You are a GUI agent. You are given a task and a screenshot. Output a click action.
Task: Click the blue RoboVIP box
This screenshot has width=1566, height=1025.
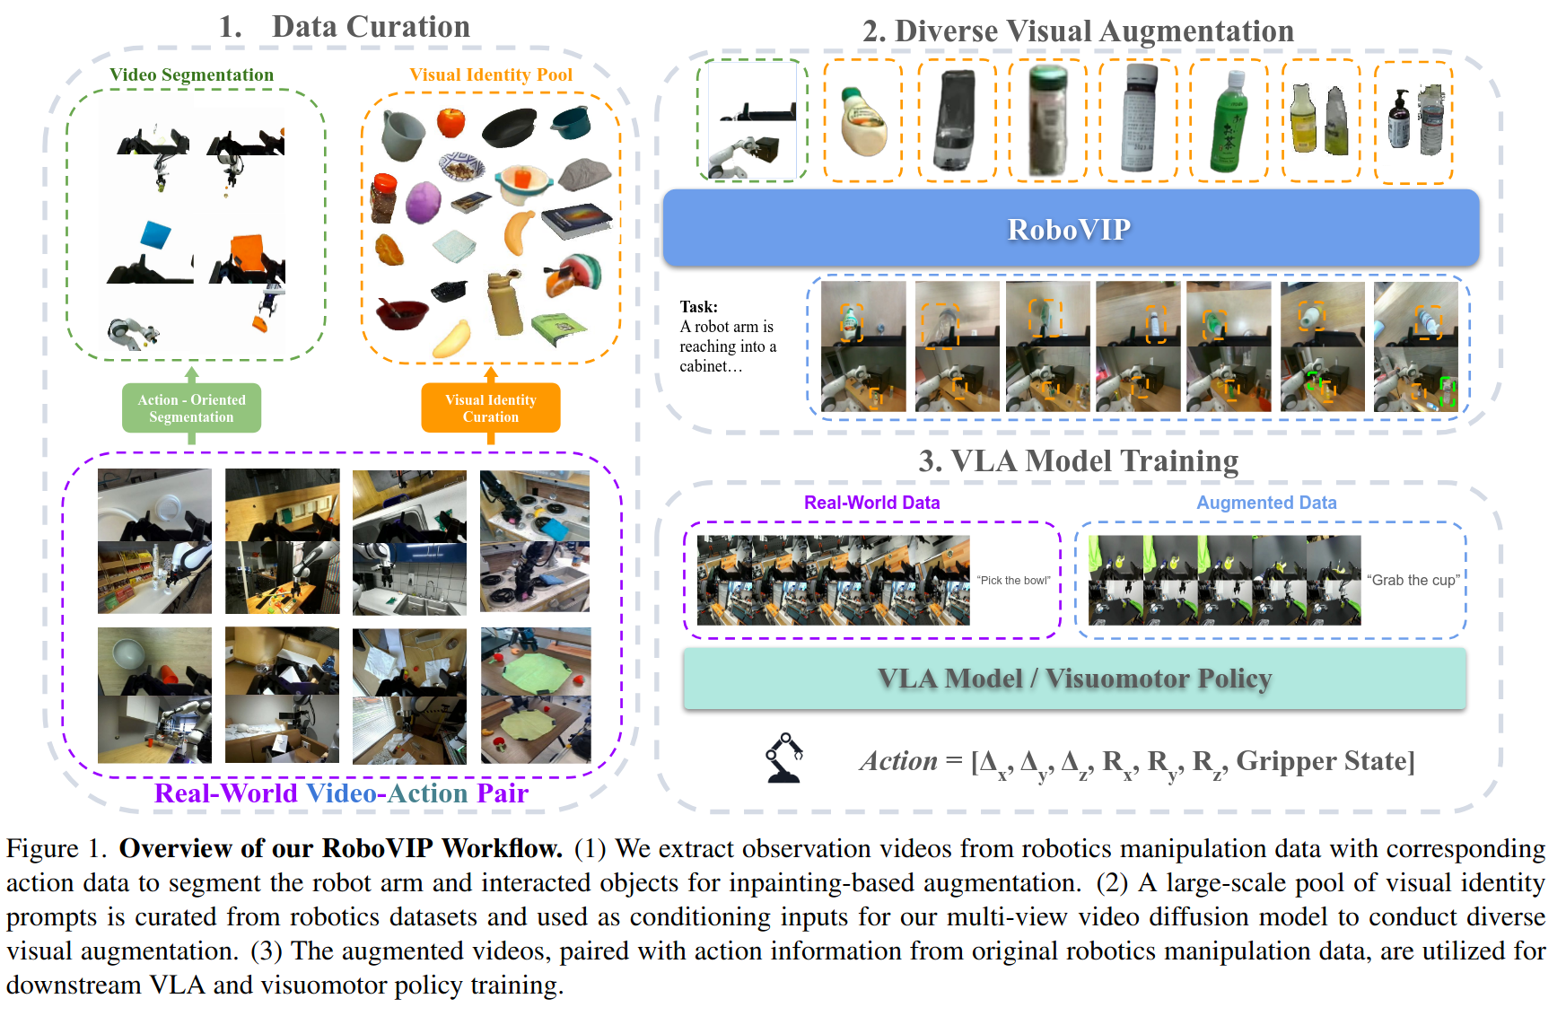pos(1070,228)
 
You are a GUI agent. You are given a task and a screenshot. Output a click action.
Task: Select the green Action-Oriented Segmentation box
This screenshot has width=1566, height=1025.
pos(191,408)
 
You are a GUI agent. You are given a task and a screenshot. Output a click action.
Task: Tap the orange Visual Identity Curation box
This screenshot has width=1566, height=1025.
pos(490,408)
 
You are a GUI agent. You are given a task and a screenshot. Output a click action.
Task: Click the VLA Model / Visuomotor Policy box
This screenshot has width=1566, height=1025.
pos(1074,679)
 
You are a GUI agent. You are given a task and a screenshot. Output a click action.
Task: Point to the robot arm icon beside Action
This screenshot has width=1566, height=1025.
pos(783,758)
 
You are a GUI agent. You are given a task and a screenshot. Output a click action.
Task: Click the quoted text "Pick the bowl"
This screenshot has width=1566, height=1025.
pos(1014,581)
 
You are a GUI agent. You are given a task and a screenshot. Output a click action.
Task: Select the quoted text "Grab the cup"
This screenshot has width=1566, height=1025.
pos(1413,580)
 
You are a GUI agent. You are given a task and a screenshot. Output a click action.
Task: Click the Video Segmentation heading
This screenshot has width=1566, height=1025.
pos(191,74)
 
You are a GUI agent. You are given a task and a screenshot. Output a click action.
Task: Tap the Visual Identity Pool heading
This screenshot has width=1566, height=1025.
pos(491,74)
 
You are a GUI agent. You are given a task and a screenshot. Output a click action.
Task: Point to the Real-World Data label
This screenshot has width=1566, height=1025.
pos(871,503)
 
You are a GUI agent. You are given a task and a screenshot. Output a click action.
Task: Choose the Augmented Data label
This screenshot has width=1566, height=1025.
pos(1266,503)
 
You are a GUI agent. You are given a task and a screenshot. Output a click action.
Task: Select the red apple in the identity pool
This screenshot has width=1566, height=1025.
pos(451,122)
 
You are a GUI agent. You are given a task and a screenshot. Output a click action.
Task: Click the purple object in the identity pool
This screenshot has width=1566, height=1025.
pos(423,202)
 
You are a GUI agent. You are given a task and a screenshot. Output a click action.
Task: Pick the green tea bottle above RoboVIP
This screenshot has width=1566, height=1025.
pos(1228,121)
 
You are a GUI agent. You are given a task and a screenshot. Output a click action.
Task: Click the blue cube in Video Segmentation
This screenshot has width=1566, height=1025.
pos(155,235)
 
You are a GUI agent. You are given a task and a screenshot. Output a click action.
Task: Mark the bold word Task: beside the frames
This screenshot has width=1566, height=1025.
pos(698,307)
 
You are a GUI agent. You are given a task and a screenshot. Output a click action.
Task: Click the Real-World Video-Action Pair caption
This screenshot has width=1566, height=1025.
pos(341,793)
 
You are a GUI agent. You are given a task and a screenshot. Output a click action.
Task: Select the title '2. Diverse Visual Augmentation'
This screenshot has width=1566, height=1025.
pos(1078,31)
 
